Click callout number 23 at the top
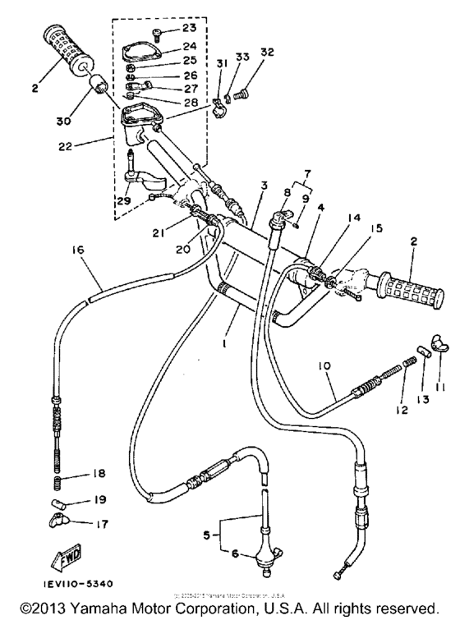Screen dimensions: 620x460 coord(178,28)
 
